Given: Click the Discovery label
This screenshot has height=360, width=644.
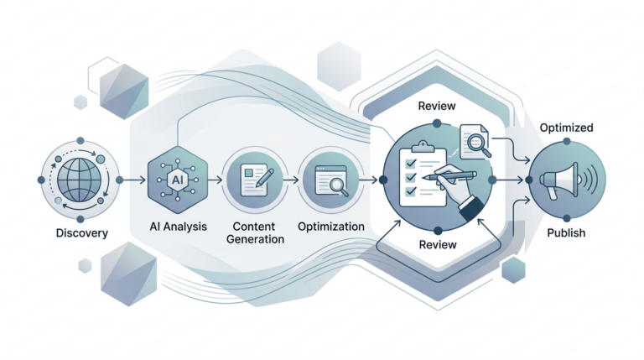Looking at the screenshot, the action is pyautogui.click(x=81, y=233).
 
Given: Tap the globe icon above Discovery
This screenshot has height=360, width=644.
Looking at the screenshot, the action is pyautogui.click(x=80, y=180).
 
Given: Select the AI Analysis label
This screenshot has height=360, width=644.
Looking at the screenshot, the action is pyautogui.click(x=179, y=227).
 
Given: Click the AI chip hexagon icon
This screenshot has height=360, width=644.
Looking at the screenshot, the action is pyautogui.click(x=178, y=180).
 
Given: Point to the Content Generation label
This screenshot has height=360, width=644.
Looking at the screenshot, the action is pyautogui.click(x=255, y=232).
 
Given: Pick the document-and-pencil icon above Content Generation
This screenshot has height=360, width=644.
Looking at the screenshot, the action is pyautogui.click(x=256, y=180).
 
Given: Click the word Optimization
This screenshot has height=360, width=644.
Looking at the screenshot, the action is pyautogui.click(x=331, y=227).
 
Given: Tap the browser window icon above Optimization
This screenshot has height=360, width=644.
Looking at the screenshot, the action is pyautogui.click(x=331, y=180).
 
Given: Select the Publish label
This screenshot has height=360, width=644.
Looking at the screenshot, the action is pyautogui.click(x=566, y=233).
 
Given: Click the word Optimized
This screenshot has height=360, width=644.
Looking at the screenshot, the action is pyautogui.click(x=566, y=128).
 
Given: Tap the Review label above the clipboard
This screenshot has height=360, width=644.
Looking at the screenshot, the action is pyautogui.click(x=437, y=106).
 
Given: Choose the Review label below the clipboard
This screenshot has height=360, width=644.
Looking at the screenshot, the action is pyautogui.click(x=438, y=245).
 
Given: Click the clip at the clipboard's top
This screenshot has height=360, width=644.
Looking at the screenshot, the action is pyautogui.click(x=423, y=146).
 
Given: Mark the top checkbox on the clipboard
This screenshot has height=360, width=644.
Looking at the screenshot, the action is pyautogui.click(x=411, y=163).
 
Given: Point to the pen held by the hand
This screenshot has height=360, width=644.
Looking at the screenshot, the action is pyautogui.click(x=449, y=175).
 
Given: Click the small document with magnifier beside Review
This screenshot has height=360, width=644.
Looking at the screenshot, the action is pyautogui.click(x=475, y=142).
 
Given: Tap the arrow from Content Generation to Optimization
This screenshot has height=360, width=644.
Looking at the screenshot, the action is pyautogui.click(x=291, y=180).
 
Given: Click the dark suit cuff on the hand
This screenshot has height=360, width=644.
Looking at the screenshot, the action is pyautogui.click(x=472, y=209).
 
